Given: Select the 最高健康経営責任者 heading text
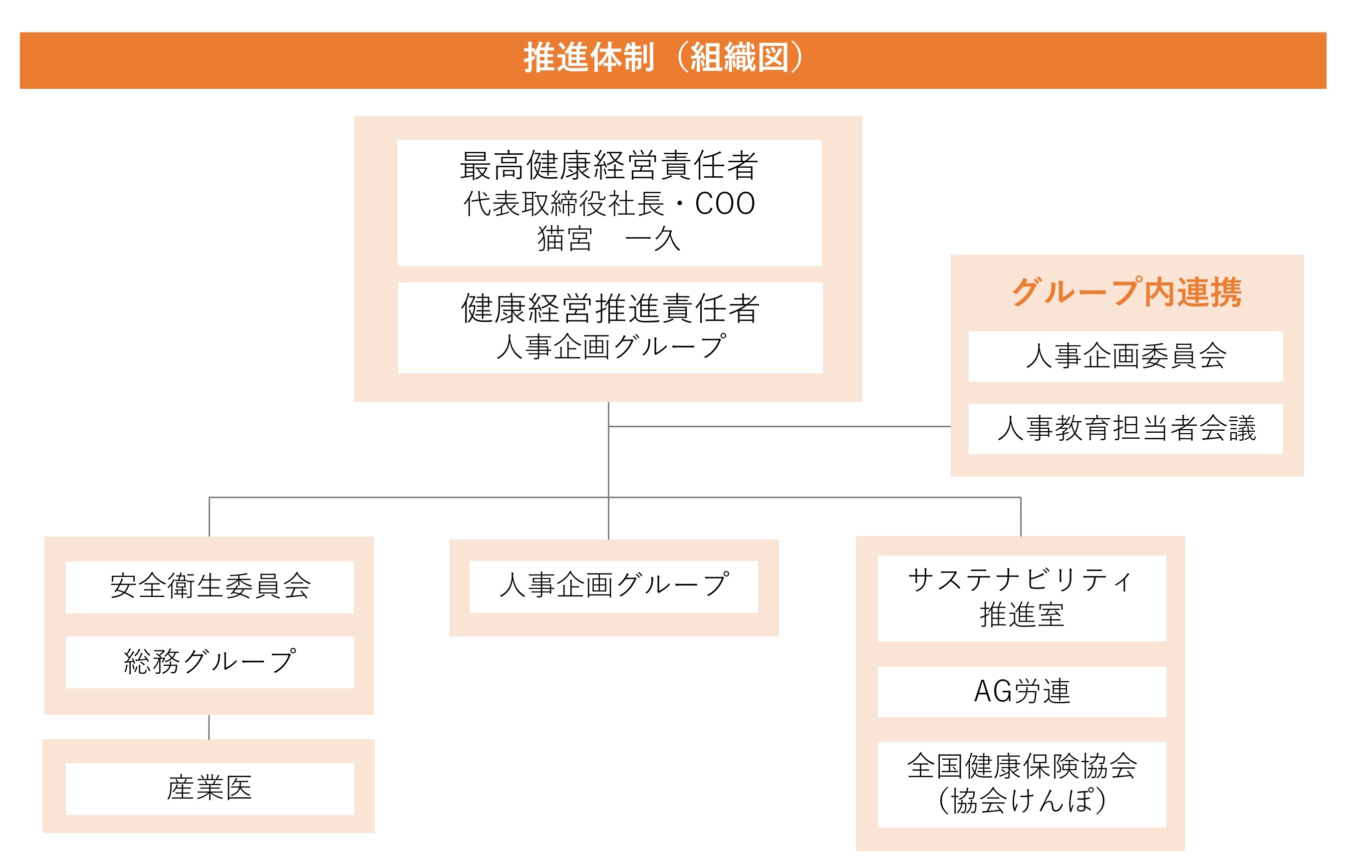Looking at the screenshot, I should pos(609,166).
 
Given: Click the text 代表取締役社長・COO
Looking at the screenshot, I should pos(609,203).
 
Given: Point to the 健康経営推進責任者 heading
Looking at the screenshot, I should pos(610,309).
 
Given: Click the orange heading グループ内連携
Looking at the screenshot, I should pos(1126,292).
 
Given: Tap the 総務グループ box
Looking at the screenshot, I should pos(210,662).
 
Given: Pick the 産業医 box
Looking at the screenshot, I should pos(210,788).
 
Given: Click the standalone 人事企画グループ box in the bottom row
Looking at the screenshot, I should pos(614,586).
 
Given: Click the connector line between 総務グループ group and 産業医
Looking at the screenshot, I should pos(209,727).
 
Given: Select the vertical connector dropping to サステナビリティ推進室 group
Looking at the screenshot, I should pos(1020,517).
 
